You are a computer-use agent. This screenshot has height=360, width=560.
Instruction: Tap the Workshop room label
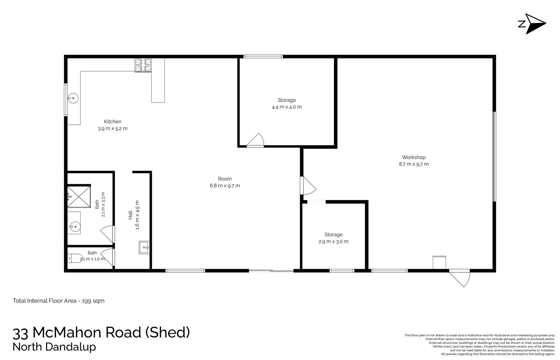tap(414, 157)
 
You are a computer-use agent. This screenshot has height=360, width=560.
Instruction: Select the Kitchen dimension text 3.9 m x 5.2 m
tap(113, 128)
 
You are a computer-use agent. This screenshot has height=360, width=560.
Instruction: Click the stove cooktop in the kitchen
tap(143, 65)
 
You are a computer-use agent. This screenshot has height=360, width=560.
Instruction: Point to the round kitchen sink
tap(73, 98)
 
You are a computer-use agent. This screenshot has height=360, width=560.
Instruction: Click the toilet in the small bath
tap(75, 258)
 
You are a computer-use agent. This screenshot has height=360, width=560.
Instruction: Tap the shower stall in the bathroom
tap(79, 196)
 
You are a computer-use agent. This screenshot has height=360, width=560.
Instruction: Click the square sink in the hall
tap(144, 247)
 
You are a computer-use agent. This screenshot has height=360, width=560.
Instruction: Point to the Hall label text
tap(130, 215)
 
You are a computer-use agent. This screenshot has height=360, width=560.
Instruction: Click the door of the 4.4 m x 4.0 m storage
tap(255, 140)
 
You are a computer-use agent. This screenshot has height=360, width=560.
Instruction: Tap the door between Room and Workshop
tap(308, 186)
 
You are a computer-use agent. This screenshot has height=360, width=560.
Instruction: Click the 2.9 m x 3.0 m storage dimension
tap(333, 241)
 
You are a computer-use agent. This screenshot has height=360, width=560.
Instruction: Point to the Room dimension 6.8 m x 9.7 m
tap(225, 186)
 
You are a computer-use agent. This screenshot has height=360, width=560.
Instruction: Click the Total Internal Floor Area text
tap(59, 301)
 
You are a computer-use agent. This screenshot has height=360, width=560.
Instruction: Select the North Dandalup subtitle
tap(54, 347)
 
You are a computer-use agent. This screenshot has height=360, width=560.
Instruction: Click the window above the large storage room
tap(263, 57)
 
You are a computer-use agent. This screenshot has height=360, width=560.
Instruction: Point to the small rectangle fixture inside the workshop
tap(439, 263)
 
